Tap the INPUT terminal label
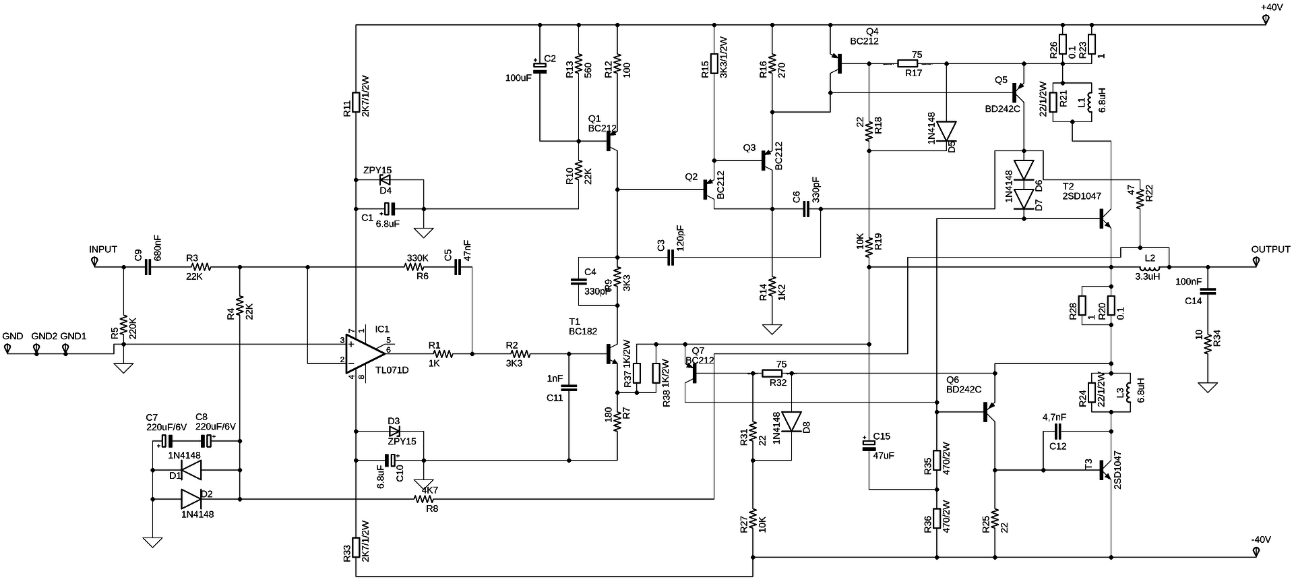103,250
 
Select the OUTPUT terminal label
1270,250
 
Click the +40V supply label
1271,7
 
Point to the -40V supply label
1260,540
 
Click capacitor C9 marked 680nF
148,267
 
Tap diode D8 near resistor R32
791,421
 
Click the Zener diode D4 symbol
386,181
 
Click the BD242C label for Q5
1002,109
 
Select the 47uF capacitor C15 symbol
869,444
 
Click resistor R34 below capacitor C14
1208,345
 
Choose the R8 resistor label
432,508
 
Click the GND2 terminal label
44,336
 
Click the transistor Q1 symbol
610,141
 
